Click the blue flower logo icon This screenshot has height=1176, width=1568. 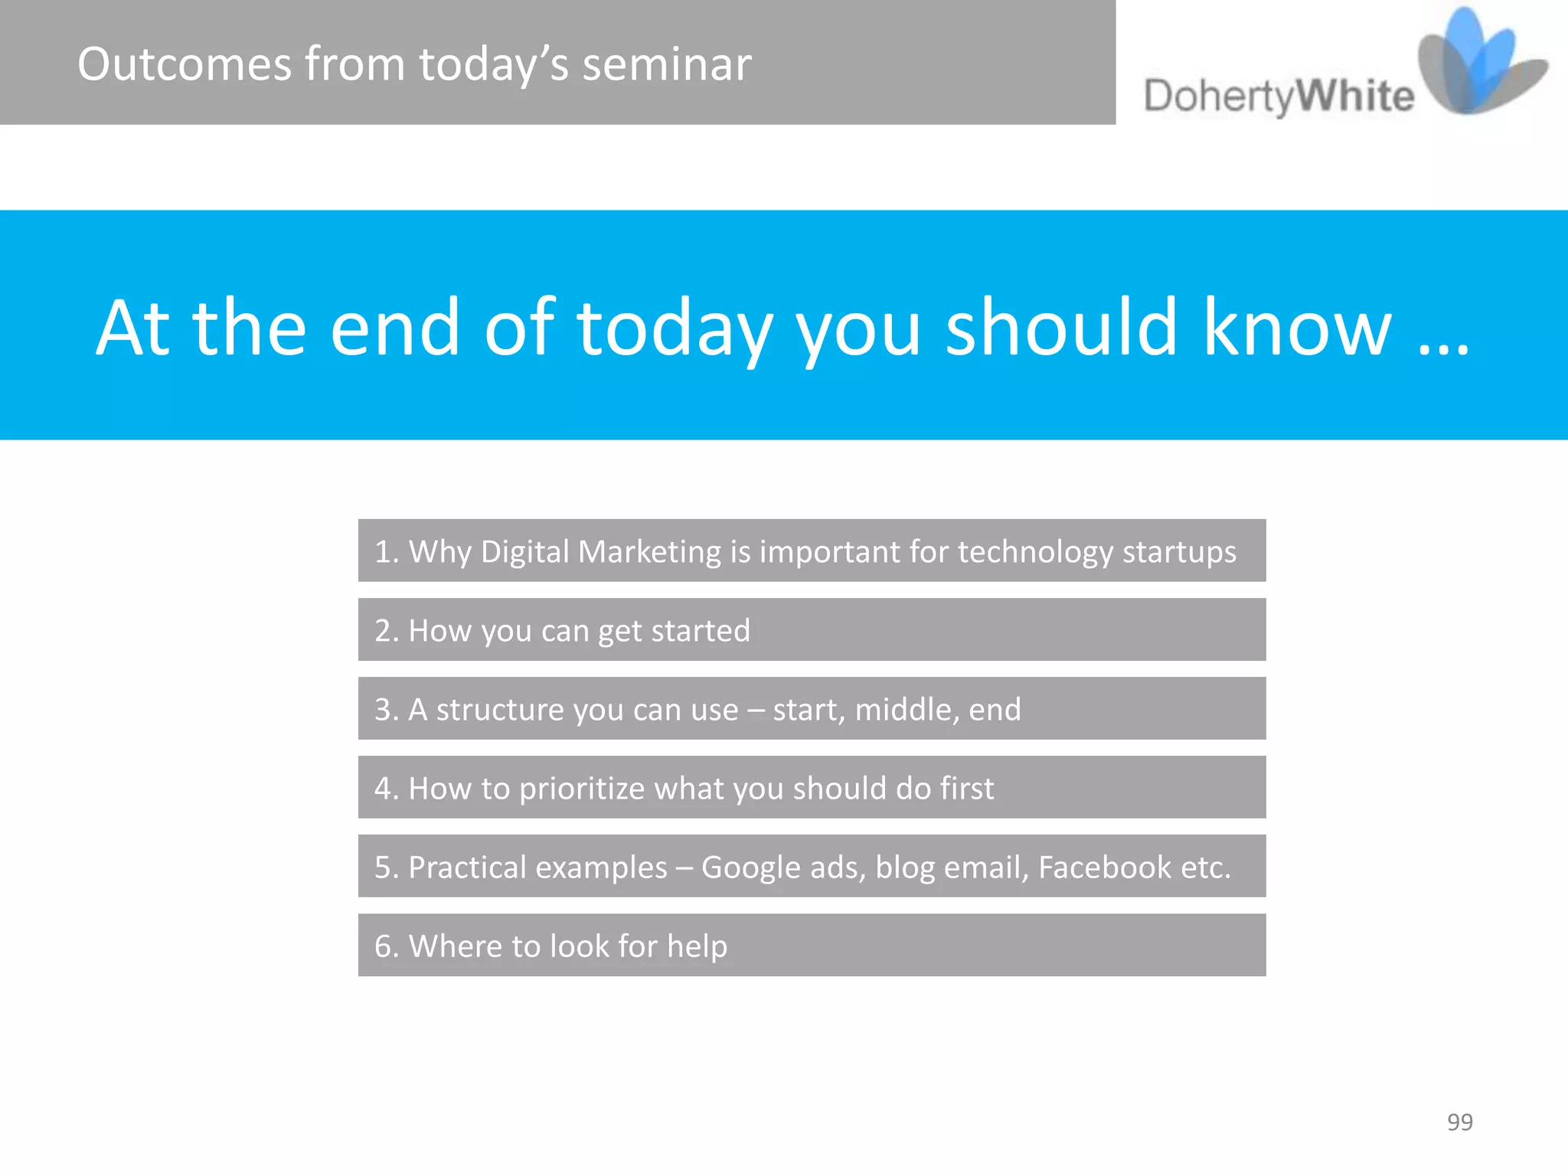tap(1478, 65)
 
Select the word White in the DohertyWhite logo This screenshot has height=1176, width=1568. tap(1355, 96)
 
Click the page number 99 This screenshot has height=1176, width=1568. tap(1459, 1122)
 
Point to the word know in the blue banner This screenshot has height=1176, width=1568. tap(1296, 328)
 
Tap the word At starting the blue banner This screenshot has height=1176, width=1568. tap(132, 328)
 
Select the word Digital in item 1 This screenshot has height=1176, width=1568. tap(525, 551)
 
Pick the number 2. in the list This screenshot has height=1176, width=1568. tap(387, 631)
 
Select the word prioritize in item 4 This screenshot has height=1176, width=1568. tap(582, 789)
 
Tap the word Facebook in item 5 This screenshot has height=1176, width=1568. tap(1104, 867)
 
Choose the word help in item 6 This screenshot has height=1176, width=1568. tap(697, 946)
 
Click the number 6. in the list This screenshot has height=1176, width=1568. tap(387, 946)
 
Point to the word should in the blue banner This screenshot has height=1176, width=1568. tap(1060, 328)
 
